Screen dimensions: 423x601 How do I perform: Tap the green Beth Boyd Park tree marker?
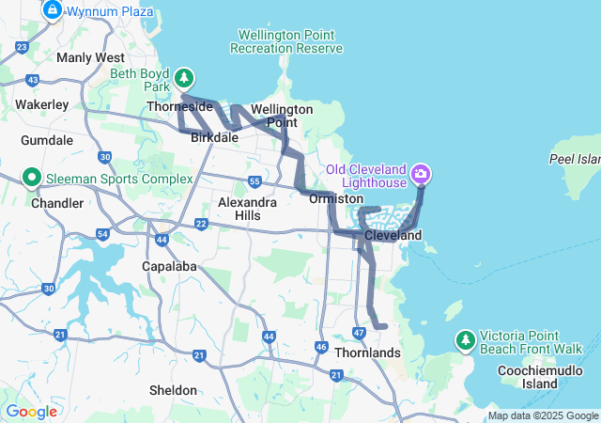185,77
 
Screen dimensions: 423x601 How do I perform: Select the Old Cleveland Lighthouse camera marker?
421,173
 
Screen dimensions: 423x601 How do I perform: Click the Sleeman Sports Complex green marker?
30,176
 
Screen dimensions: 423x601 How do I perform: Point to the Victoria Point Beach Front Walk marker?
465,338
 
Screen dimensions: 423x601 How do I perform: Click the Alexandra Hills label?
247,209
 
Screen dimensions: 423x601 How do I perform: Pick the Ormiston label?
336,199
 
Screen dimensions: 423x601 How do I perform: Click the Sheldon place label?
174,390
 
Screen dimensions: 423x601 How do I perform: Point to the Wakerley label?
41,104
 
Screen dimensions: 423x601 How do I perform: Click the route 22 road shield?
201,223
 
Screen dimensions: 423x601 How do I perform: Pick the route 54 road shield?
102,233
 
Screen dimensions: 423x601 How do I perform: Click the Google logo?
31,412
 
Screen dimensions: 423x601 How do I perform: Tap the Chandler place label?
51,203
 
